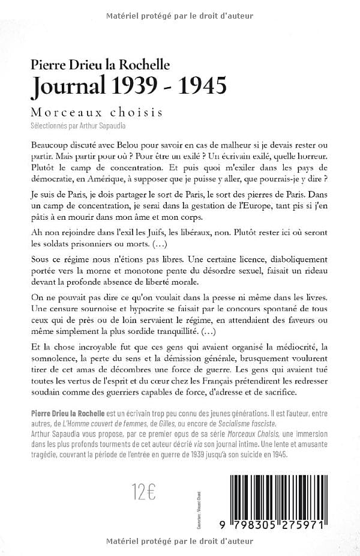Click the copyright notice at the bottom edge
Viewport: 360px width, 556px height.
(x=179, y=541)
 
